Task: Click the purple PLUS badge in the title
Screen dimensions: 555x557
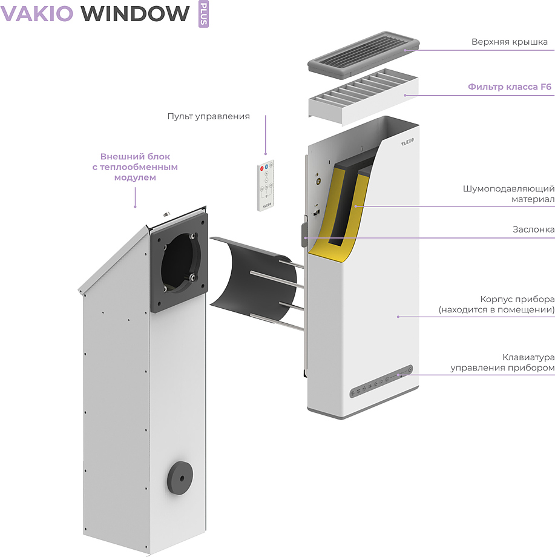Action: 203,14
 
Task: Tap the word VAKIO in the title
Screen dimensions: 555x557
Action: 37,13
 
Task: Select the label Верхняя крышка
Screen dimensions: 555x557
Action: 509,42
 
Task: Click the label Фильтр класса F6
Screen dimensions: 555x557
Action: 509,87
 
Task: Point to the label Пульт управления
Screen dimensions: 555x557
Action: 208,116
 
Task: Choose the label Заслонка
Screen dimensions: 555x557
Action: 533,229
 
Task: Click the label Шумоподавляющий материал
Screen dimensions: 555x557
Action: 508,194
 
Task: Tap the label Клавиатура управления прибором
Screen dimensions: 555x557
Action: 502,362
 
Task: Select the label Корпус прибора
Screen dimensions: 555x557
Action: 517,299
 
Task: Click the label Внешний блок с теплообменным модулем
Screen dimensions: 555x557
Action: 135,167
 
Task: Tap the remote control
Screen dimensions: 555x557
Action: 266,185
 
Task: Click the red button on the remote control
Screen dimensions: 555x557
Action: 262,168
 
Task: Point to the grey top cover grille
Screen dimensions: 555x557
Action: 364,54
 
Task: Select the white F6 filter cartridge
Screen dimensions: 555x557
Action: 364,97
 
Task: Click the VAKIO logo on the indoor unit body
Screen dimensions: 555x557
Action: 407,142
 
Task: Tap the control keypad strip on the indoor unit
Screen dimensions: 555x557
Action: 381,381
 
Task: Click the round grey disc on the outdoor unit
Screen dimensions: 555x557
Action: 180,478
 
